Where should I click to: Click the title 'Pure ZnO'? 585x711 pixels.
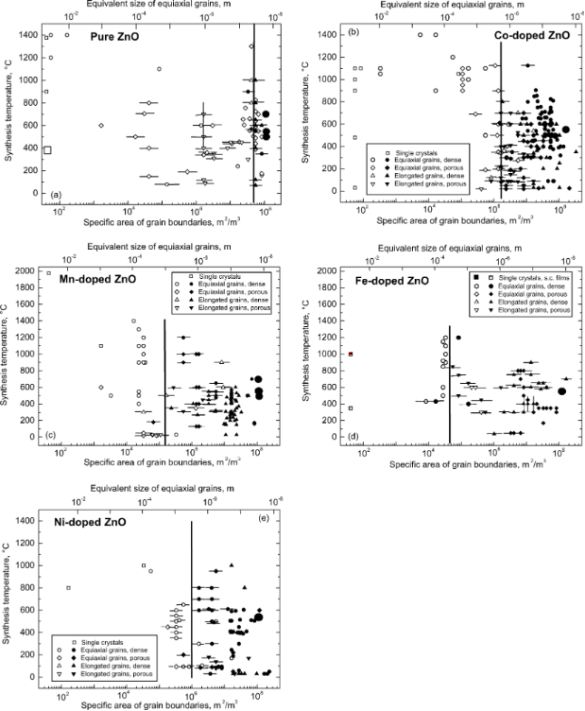[x=115, y=36]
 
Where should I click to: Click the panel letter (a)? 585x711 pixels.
[x=56, y=195]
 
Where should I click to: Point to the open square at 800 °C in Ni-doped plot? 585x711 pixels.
[x=68, y=588]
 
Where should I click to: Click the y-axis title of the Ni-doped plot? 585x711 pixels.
[x=9, y=599]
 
